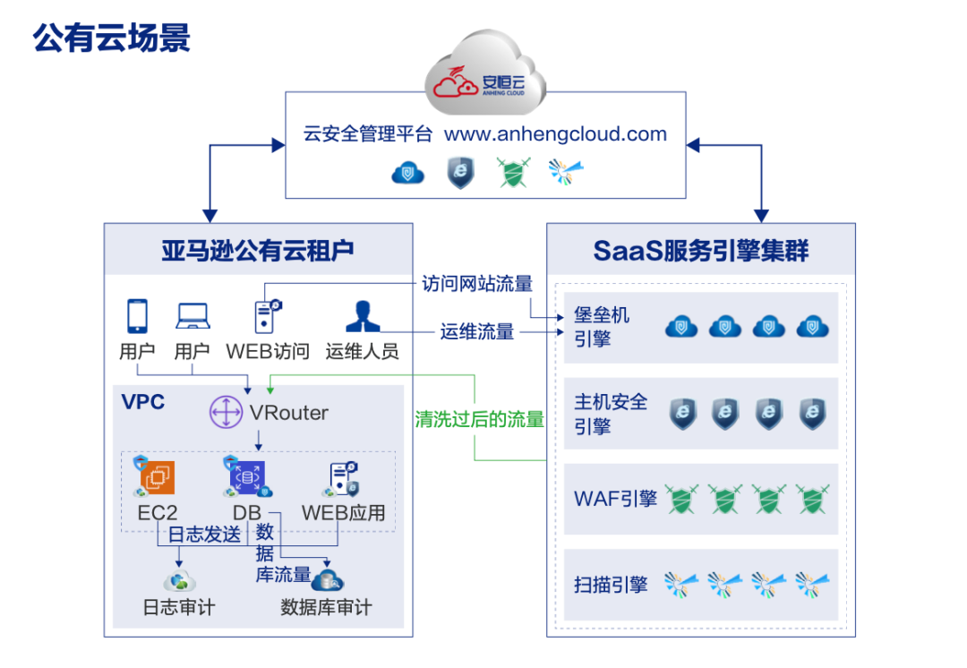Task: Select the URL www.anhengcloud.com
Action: (555, 134)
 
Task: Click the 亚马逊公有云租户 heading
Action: (258, 249)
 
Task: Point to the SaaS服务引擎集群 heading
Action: (700, 249)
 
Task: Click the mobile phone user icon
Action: (137, 315)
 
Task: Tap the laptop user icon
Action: (193, 315)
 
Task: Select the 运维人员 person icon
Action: (361, 316)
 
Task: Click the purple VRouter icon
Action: (227, 413)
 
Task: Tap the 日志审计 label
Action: (179, 608)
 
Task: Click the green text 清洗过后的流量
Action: (480, 419)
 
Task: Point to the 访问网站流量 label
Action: (477, 285)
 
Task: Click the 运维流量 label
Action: (477, 332)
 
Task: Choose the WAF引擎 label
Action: (615, 499)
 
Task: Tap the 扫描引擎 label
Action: (611, 586)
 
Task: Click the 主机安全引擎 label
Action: (611, 414)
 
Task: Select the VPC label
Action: (143, 402)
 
